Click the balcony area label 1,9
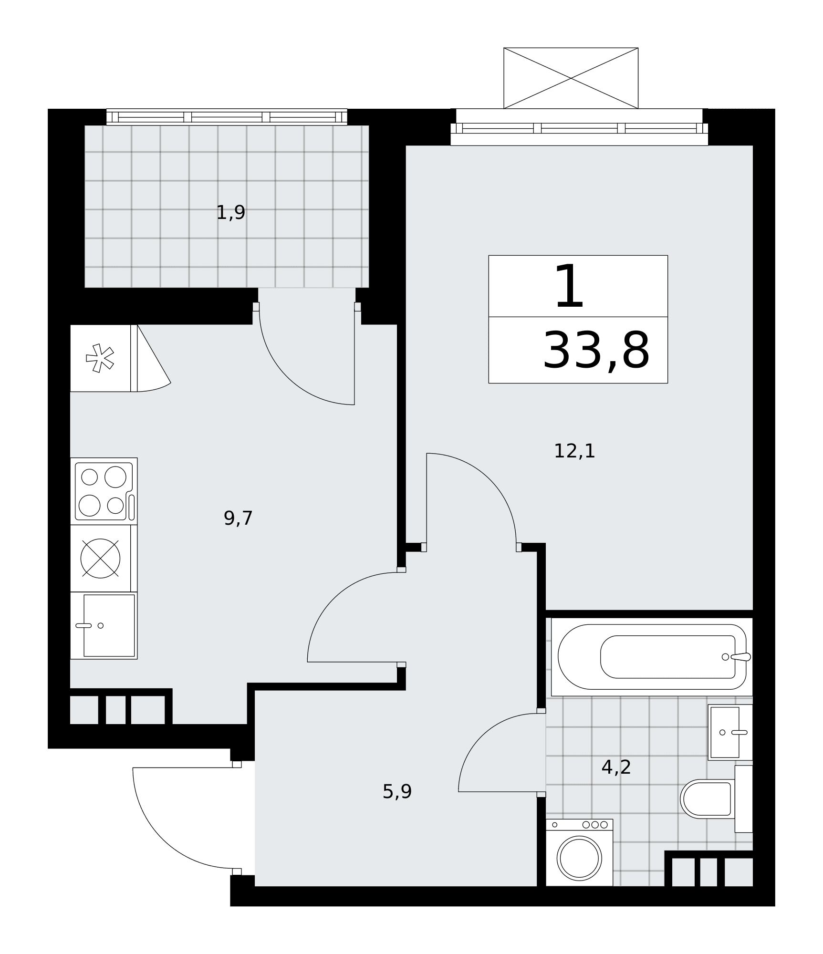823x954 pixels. (230, 213)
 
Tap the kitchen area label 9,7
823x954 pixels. (238, 518)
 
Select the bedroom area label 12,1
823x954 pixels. (574, 451)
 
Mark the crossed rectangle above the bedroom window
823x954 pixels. (571, 78)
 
